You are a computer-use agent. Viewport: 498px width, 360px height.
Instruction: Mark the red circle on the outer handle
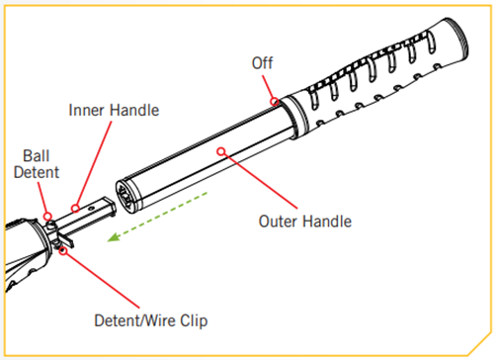click(x=223, y=150)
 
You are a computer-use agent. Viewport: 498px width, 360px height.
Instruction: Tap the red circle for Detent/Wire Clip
click(x=63, y=250)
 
